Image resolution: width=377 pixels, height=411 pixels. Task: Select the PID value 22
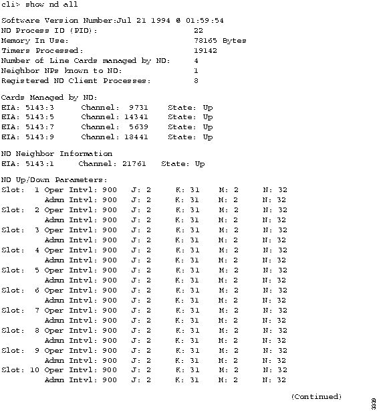tap(199, 31)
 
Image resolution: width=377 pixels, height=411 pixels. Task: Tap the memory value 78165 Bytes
tap(220, 41)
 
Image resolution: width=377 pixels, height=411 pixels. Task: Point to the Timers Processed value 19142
tap(205, 51)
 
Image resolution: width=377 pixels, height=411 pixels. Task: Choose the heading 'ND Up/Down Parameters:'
tap(45, 180)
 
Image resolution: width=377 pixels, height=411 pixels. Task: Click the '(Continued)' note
tap(316, 397)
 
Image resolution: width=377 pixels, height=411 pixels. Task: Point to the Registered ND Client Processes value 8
tap(196, 81)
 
